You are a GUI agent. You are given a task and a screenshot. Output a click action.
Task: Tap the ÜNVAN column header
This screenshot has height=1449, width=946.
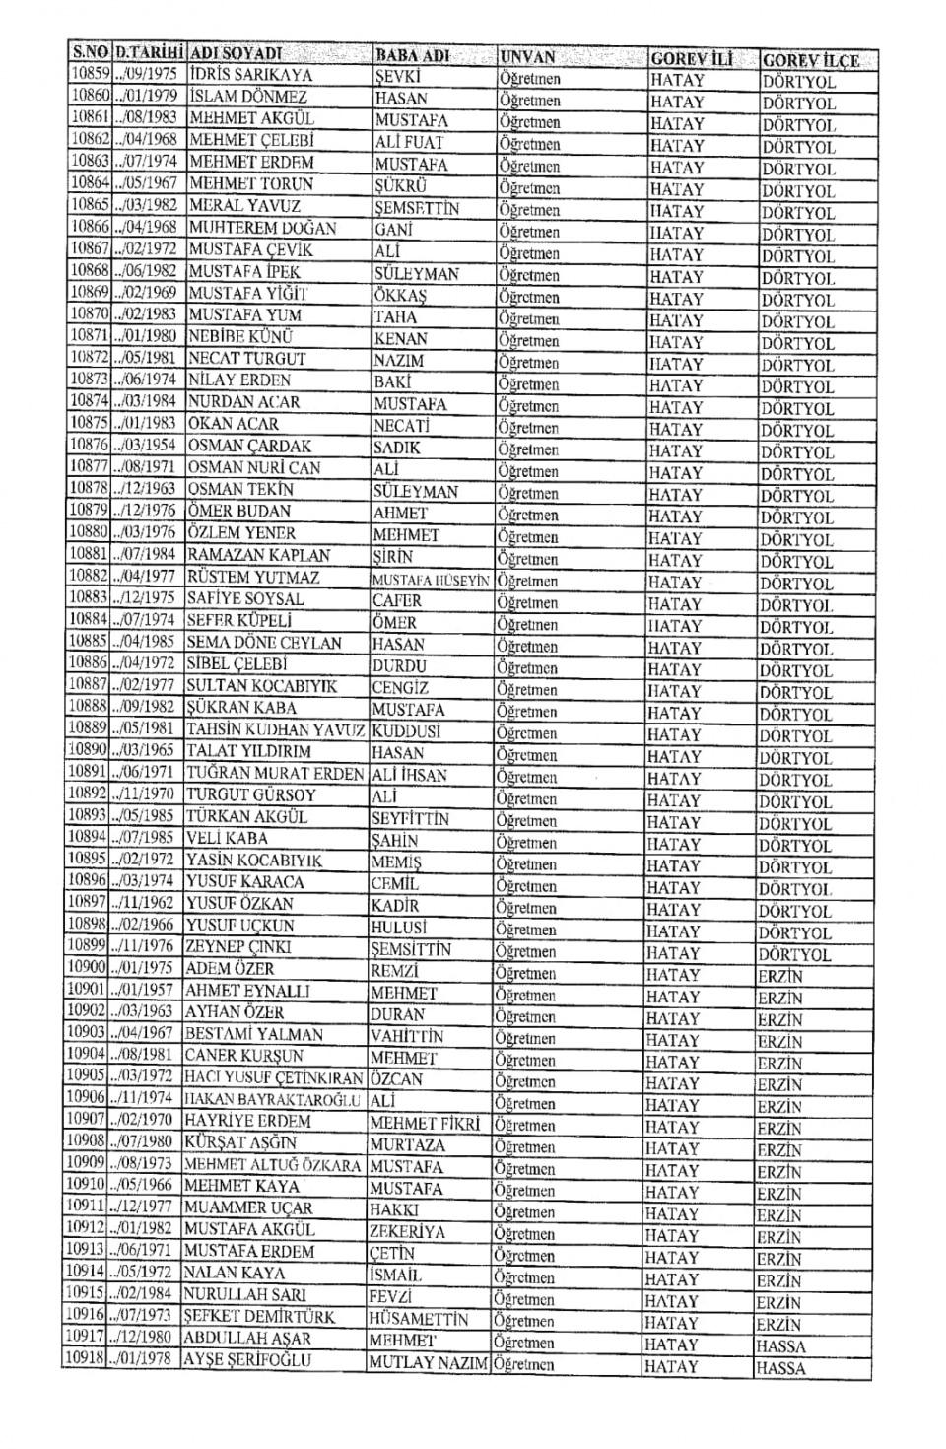[x=528, y=56]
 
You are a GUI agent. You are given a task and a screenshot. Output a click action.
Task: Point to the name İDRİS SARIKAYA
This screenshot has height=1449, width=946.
[x=250, y=75]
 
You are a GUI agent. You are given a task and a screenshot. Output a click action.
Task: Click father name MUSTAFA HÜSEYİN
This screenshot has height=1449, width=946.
[x=431, y=581]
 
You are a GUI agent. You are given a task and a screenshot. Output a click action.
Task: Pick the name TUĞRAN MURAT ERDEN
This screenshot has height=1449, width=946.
[x=275, y=774]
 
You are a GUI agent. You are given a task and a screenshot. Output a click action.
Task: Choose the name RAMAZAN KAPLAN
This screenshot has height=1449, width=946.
[x=258, y=556]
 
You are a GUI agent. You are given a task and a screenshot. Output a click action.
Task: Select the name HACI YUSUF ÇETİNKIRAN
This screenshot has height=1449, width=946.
[x=274, y=1077]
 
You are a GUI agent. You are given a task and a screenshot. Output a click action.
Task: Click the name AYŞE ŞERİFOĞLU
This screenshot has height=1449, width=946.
[x=247, y=1360]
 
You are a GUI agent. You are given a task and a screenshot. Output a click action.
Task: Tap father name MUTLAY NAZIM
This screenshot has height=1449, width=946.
[x=428, y=1363]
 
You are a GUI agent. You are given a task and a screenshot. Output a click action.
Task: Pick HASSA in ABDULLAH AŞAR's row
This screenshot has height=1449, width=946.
[x=780, y=1345]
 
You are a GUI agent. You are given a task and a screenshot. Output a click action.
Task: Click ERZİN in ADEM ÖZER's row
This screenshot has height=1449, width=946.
[x=779, y=976]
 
